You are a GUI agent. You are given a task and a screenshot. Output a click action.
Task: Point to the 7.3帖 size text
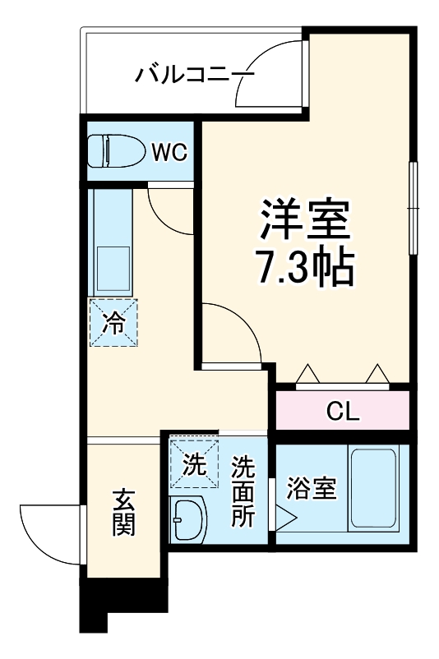coord(305,265)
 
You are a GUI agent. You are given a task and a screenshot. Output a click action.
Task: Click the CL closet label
coord(342,411)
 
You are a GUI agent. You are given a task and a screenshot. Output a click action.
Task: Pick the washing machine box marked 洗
coord(194,465)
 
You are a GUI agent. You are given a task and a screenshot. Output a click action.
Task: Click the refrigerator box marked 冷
coord(113,323)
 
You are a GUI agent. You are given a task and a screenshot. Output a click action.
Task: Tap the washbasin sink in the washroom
coord(190,519)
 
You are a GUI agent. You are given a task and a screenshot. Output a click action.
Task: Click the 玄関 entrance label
coord(123,513)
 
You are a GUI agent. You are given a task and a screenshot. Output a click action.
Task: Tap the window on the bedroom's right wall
coord(414,210)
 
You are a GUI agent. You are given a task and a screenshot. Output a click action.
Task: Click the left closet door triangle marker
coord(308,375)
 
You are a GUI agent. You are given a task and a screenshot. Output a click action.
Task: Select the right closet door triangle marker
coord(377,375)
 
